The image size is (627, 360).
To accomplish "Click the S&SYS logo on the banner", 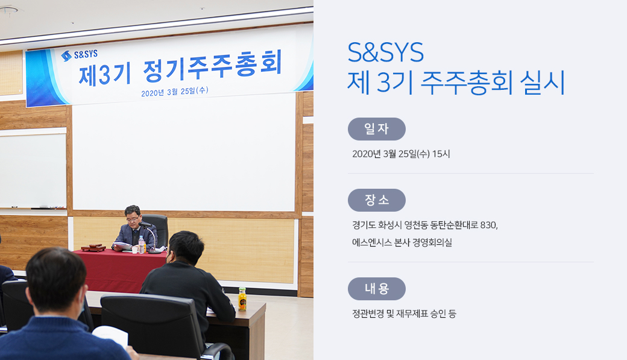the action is coord(79,55).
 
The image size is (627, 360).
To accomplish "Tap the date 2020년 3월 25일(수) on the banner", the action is coord(175,92).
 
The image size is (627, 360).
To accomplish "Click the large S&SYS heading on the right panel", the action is coord(385,52).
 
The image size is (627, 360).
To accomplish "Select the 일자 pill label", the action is coord(377,129).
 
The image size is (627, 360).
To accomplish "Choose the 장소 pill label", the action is coord(377,200).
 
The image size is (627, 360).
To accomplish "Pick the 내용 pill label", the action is coord(377,289).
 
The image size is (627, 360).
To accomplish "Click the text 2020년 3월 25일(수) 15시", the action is coord(401,154).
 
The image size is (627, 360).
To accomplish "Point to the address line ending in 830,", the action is coord(425,225).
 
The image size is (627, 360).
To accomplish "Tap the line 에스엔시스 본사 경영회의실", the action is coord(402,242).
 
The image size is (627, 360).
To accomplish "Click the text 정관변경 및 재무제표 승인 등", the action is coord(404,314).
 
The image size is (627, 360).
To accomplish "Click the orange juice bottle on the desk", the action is coord(242,299).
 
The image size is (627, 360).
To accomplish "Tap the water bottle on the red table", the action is coord(141,244).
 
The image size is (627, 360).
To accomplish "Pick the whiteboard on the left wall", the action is coord(33,171).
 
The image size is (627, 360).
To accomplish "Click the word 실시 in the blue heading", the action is coord(542,83).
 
